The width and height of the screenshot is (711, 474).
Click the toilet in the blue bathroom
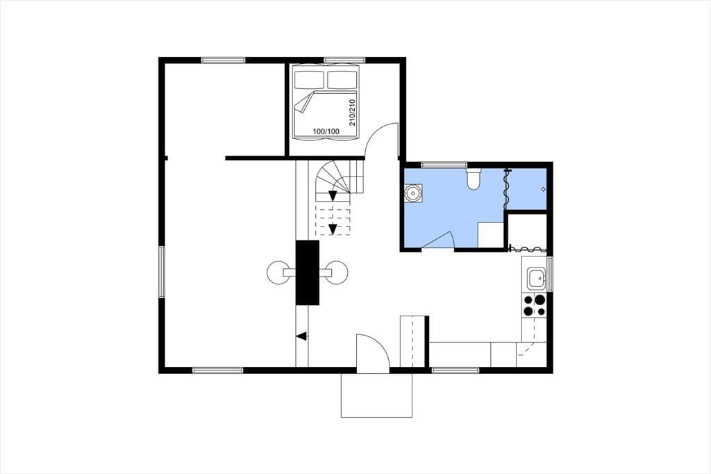tap(474, 179)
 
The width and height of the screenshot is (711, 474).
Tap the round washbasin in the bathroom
tap(412, 193)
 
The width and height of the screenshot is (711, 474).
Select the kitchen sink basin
tap(537, 278)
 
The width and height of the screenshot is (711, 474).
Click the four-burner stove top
tap(534, 305)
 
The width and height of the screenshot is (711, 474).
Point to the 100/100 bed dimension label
tap(326, 131)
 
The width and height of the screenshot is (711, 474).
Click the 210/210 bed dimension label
tap(352, 113)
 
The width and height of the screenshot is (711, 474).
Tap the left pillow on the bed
tap(310, 79)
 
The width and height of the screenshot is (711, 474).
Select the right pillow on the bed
tap(342, 79)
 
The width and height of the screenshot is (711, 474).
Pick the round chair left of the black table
tap(278, 272)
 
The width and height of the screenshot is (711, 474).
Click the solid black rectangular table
tap(308, 272)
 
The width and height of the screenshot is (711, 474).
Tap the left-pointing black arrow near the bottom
tap(301, 336)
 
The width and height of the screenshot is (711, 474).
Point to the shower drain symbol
tap(543, 189)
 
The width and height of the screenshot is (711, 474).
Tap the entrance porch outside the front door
tap(376, 395)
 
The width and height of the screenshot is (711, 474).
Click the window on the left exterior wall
tap(161, 272)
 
